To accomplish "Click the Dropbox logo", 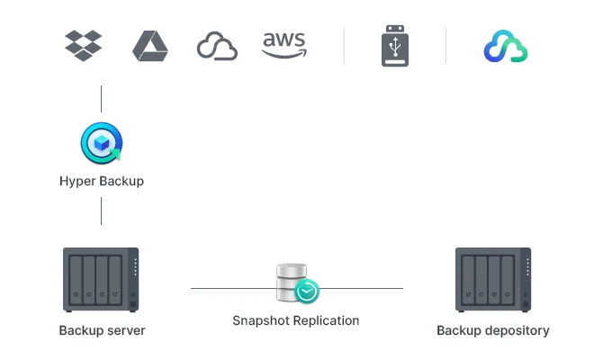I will [x=84, y=46].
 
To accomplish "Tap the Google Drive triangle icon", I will [x=150, y=46].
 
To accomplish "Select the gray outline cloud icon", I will [x=217, y=47].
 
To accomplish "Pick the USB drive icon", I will [x=395, y=46].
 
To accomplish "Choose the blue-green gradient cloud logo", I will [x=504, y=47].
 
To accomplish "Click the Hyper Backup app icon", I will [x=101, y=144].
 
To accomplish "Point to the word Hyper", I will [x=76, y=181].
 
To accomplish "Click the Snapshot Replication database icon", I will [x=293, y=283].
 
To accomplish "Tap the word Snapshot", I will [x=261, y=320].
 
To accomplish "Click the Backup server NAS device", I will [x=101, y=279].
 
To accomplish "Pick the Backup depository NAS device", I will [x=493, y=279].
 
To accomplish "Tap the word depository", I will [x=516, y=330].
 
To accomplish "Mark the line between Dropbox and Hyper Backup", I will [x=101, y=99].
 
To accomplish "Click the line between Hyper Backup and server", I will [x=101, y=211].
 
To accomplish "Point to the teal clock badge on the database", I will [x=307, y=292].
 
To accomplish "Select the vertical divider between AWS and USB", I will [x=344, y=46].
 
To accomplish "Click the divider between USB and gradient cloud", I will [x=446, y=46].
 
